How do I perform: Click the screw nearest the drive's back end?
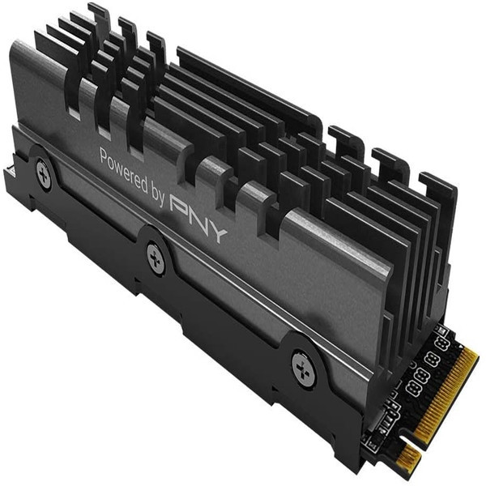click(44, 174)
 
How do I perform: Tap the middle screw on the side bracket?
click(156, 258)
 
